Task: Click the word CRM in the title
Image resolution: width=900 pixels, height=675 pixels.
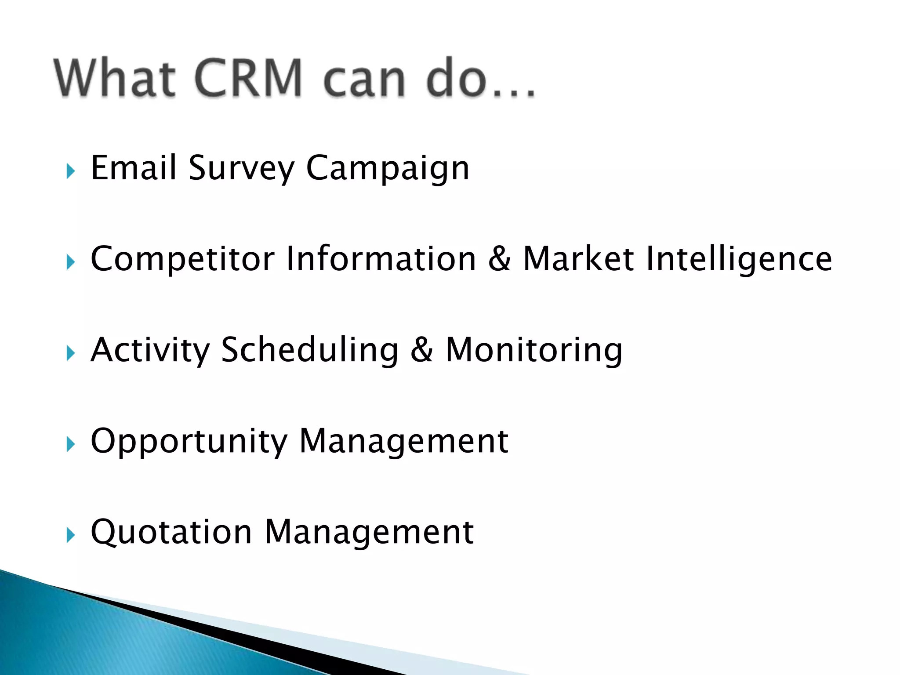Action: tap(248, 78)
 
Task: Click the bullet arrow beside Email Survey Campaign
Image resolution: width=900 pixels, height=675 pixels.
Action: tap(71, 171)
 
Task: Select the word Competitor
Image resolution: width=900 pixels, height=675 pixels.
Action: tap(182, 259)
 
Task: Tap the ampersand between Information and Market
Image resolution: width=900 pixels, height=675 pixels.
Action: tap(500, 259)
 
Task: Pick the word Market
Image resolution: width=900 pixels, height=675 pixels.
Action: tap(578, 259)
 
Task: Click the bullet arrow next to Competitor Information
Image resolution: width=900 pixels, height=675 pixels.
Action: tap(71, 262)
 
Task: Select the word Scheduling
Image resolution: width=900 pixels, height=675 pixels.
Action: tap(310, 350)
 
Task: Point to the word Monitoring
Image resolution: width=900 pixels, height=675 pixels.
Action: tap(534, 350)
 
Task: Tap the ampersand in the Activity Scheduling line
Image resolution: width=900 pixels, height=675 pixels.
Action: tap(422, 350)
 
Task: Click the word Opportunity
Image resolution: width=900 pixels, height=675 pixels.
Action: tap(189, 442)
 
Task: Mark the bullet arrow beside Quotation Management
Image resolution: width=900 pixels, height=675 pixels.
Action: tap(71, 535)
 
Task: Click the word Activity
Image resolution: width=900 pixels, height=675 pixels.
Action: tap(150, 350)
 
